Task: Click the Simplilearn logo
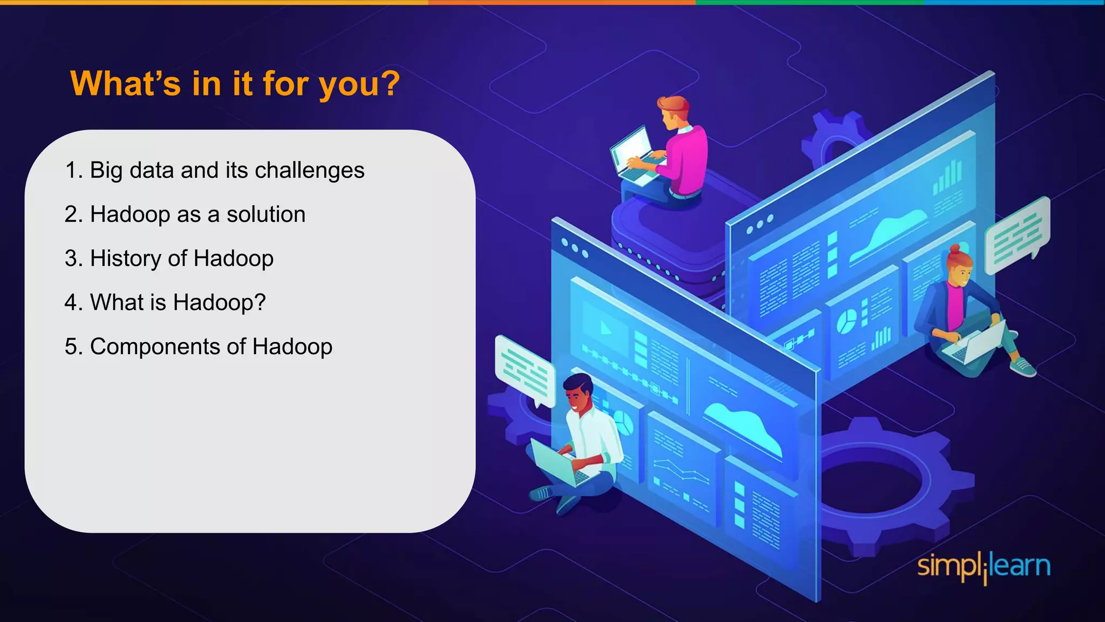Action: tap(984, 567)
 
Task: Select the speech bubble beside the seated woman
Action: tap(1017, 235)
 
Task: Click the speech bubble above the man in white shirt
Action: tap(524, 370)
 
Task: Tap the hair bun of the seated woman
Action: tap(954, 249)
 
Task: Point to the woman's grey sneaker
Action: tap(1022, 368)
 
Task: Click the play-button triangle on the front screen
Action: tap(605, 328)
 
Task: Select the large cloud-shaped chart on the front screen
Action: tap(745, 426)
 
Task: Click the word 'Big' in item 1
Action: tap(106, 171)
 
